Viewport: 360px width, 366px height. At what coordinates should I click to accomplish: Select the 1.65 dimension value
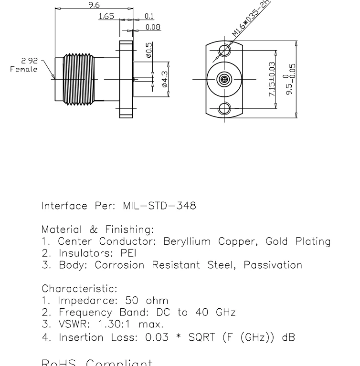[x=106, y=16]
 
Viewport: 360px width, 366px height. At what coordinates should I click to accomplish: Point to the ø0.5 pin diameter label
[x=148, y=51]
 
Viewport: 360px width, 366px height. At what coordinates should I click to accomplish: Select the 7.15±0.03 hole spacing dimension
[x=272, y=79]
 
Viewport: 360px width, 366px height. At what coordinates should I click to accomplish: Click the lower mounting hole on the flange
[x=223, y=108]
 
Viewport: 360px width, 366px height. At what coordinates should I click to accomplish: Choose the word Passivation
[x=273, y=265]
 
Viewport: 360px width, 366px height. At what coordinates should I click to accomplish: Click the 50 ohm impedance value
[x=147, y=301]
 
